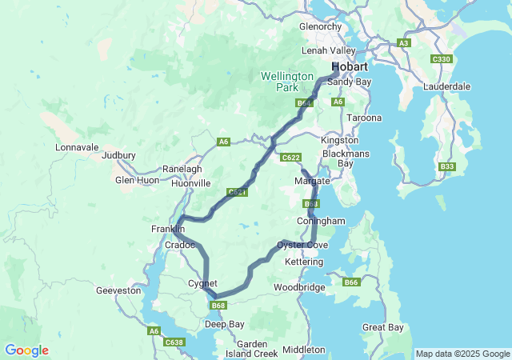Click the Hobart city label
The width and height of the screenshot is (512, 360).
(x=350, y=66)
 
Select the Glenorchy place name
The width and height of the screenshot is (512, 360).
(x=320, y=26)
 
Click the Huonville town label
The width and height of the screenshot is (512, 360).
(x=190, y=183)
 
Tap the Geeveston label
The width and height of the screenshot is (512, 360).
(x=118, y=290)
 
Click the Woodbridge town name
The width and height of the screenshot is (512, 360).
(x=299, y=286)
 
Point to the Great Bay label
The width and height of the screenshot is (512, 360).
(x=383, y=327)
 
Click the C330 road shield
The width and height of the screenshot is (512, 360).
(x=441, y=59)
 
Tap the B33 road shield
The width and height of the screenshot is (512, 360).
(x=447, y=166)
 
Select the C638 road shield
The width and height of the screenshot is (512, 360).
(x=174, y=342)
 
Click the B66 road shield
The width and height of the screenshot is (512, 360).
(x=351, y=282)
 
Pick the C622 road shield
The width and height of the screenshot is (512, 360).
(x=291, y=158)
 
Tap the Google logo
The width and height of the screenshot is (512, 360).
(x=26, y=350)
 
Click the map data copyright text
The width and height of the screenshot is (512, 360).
(x=462, y=354)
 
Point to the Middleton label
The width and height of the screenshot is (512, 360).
(x=304, y=350)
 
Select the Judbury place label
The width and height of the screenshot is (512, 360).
(x=119, y=155)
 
